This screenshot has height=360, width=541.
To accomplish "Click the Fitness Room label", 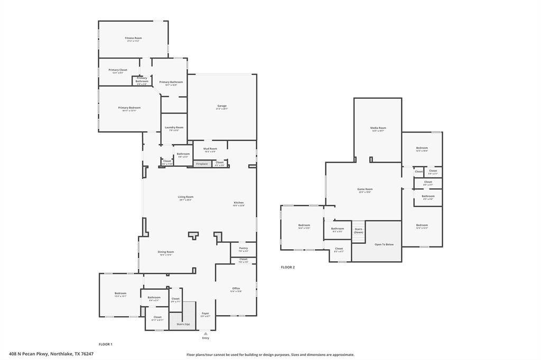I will click(x=133, y=38).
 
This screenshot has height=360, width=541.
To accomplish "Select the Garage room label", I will click(x=222, y=106).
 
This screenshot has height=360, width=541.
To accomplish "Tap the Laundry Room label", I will click(x=174, y=127).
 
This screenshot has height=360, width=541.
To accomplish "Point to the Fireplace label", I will click(x=202, y=164).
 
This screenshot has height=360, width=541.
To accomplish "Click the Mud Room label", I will click(x=210, y=149).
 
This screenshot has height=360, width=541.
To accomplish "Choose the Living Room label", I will click(x=185, y=197).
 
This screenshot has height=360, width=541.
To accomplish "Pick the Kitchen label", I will click(x=239, y=203).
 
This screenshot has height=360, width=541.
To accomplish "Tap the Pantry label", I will click(x=243, y=248).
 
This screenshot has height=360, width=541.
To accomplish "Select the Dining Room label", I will click(x=166, y=252).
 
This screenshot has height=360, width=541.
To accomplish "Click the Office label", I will click(x=236, y=289).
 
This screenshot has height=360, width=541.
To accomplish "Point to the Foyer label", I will click(x=206, y=314).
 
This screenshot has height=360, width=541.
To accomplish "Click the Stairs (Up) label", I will click(x=183, y=324).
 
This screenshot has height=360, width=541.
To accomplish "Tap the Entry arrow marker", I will click(x=206, y=334).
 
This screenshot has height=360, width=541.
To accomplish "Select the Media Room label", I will click(x=378, y=128).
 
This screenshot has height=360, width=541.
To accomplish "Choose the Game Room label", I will click(x=365, y=190).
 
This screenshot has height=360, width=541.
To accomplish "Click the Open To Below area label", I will click(x=384, y=244).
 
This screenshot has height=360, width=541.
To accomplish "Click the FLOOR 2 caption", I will click(x=288, y=267).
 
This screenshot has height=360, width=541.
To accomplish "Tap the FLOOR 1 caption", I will click(x=106, y=344).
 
